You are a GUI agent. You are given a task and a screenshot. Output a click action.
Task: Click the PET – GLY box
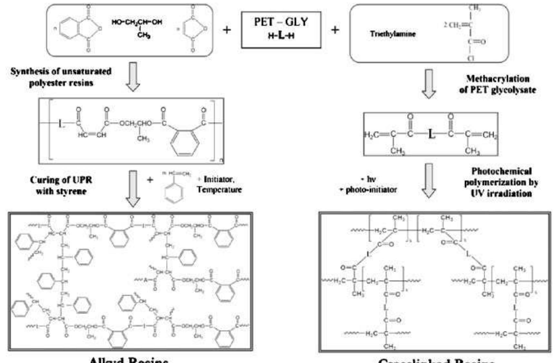(281, 30)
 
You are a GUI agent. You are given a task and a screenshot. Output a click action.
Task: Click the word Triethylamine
(393, 34)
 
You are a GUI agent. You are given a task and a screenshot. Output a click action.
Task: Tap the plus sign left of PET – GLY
(227, 30)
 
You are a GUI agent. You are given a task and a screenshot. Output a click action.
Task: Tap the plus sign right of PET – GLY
(335, 30)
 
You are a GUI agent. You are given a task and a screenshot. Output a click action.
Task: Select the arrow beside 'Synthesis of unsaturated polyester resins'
(133, 77)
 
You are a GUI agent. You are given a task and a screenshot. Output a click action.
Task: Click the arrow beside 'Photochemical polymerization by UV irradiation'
(429, 181)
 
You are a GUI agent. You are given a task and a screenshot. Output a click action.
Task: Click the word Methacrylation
(498, 79)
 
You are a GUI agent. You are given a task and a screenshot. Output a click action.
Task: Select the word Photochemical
(502, 171)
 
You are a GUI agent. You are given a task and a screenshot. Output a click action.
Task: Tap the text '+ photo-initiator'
(368, 190)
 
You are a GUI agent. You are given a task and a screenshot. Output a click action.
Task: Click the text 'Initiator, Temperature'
(219, 184)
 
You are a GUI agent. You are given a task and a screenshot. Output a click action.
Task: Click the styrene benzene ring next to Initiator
(174, 192)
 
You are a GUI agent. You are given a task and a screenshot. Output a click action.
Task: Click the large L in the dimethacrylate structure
(431, 134)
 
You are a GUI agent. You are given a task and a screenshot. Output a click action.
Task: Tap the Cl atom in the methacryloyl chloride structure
(470, 58)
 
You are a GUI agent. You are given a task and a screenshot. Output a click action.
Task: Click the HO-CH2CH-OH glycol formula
(137, 22)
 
